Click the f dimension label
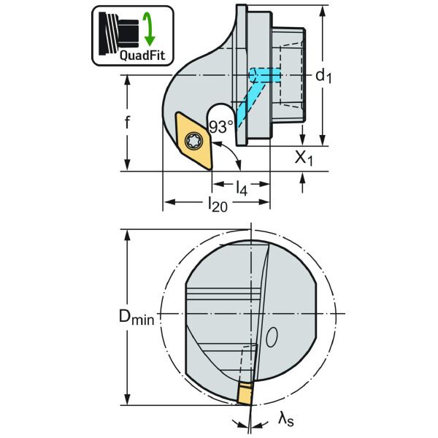(127, 122)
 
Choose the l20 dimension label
(217, 205)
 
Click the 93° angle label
(220, 126)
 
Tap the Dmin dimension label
(137, 318)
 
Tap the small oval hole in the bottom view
(272, 337)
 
